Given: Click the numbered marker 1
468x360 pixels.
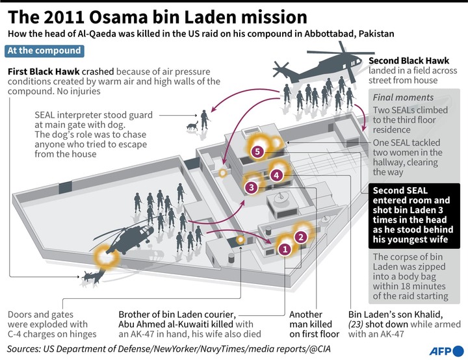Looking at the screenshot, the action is tap(285, 249).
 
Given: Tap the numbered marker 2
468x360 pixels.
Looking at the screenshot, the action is tap(301, 237).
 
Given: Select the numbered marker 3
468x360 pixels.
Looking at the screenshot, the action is tap(252, 187).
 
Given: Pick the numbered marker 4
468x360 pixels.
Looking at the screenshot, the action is tap(276, 175).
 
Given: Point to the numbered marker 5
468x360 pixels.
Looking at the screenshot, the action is tap(257, 151).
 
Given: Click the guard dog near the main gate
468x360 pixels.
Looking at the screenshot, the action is tap(192, 125).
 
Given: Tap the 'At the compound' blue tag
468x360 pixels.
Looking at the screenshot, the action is tap(44, 51).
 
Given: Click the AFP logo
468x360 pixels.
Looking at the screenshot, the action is tap(447, 351).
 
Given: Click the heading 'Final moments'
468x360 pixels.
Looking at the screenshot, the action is tap(403, 97).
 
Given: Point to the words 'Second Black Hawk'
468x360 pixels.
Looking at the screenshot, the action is tap(409, 61).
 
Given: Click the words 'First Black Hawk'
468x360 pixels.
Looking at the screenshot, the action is tap(44, 71).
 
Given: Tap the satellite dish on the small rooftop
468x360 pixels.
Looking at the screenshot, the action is tap(280, 198).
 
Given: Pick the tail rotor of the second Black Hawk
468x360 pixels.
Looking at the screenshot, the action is tap(280, 70).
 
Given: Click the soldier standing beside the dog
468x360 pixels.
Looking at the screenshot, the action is tap(205, 120).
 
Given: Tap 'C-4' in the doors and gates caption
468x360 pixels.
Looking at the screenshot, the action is tap(15, 334).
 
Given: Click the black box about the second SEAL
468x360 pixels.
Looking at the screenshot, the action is tap(414, 216).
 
